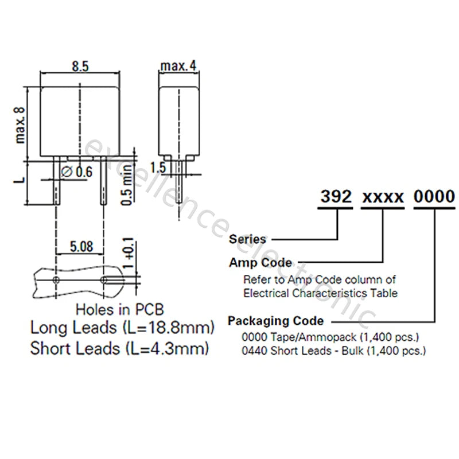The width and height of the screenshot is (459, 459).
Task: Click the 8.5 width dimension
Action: pos(80,67)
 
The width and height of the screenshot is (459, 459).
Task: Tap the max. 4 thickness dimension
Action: pos(178,66)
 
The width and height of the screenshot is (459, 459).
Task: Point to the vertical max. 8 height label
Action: pos(20,125)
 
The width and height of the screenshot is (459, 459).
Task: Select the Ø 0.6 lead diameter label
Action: pos(77,172)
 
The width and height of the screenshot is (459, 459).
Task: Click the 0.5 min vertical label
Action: pos(127,185)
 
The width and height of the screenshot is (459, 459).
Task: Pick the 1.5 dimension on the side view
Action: pos(158,168)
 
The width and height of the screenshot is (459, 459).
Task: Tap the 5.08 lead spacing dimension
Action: pos(81,247)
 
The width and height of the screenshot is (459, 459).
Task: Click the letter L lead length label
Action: pos(20,180)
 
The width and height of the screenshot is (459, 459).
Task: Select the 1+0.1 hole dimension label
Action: pos(129,254)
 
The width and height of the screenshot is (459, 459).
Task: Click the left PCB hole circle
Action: pos(56,280)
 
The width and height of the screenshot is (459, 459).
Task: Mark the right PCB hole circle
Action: pos(104,280)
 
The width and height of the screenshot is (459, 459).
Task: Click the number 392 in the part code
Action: pos(336,196)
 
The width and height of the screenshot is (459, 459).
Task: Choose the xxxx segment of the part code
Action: pos(383,197)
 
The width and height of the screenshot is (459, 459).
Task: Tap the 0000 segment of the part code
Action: pos(434,196)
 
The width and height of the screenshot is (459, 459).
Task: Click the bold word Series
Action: pos(247,239)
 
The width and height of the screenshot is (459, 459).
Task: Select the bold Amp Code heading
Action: pos(260,263)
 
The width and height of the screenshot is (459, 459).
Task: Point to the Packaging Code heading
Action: pos(276,321)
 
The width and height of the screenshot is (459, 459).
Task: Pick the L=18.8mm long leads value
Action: pos(169,328)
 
